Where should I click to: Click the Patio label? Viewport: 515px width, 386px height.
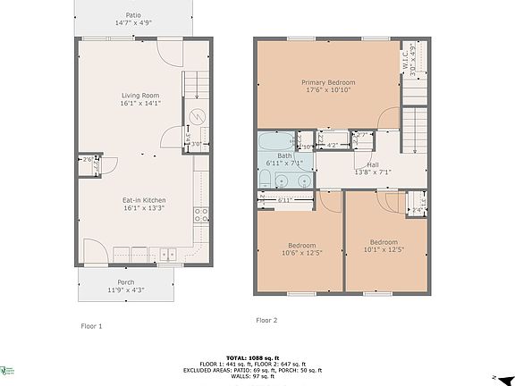[133, 15]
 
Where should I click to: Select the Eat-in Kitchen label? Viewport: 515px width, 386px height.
[143, 200]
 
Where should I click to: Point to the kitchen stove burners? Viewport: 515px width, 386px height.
[204, 215]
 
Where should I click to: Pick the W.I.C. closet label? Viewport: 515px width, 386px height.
[410, 63]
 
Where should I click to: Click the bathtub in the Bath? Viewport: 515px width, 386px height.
[277, 142]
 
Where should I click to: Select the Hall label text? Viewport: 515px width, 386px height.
[372, 165]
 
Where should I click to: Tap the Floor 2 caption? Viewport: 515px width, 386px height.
[266, 320]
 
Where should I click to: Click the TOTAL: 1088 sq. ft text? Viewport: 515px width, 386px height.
[257, 356]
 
